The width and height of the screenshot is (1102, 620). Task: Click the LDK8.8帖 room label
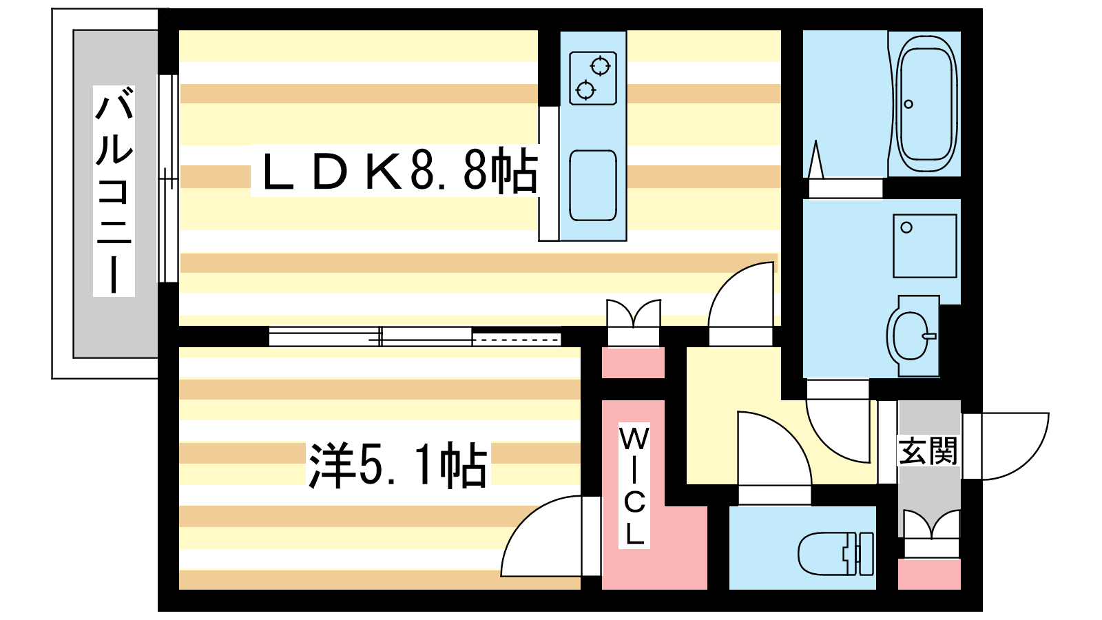pyautogui.click(x=399, y=169)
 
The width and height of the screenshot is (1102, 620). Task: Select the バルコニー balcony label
pyautogui.click(x=114, y=191)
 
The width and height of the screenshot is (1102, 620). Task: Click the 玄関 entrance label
pyautogui.click(x=928, y=451)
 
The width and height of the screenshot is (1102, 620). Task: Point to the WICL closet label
pyautogui.click(x=634, y=486)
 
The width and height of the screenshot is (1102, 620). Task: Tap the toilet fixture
pyautogui.click(x=835, y=553)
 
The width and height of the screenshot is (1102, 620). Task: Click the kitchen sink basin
pyautogui.click(x=593, y=185)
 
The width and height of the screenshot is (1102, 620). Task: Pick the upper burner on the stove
pyautogui.click(x=600, y=66)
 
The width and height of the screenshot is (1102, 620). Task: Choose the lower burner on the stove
pyautogui.click(x=585, y=90)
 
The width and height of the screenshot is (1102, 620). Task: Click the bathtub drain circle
pyautogui.click(x=908, y=104)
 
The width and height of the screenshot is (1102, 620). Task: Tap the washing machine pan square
pyautogui.click(x=925, y=245)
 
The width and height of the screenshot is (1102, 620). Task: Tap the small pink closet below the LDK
pyautogui.click(x=633, y=362)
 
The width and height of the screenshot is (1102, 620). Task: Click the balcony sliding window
pyautogui.click(x=168, y=178)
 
